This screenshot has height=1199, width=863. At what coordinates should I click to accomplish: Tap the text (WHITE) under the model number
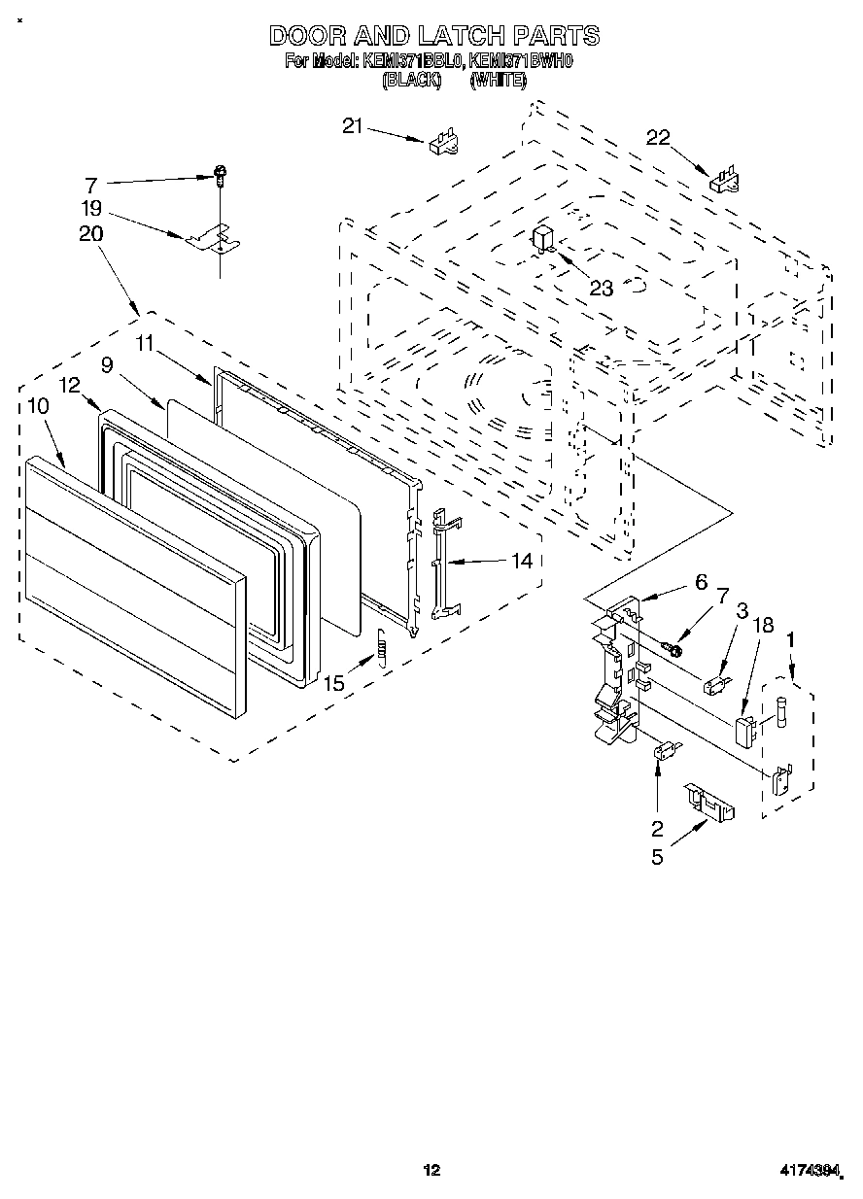498,83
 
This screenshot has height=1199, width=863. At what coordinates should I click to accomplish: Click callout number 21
353,124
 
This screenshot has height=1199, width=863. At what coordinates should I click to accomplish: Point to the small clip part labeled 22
725,180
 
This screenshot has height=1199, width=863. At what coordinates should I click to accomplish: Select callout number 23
602,288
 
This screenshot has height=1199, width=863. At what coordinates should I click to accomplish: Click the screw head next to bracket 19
221,173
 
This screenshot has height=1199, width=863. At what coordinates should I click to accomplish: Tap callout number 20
92,234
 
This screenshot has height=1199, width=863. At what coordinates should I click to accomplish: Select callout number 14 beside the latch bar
522,561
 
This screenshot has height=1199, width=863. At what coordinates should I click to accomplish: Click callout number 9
107,365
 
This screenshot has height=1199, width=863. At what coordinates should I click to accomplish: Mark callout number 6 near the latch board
699,582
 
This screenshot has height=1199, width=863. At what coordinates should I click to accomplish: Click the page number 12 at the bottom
431,1171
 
